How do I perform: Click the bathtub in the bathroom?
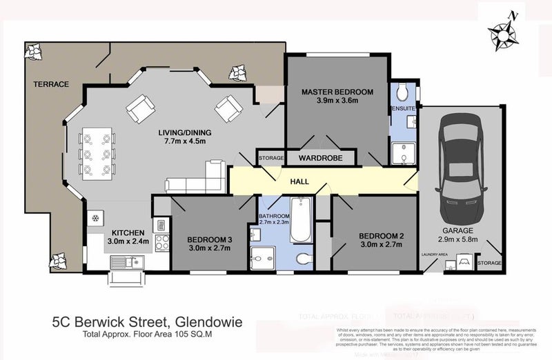click(x=301, y=219)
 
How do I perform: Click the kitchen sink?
click(x=126, y=261)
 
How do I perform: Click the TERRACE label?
click(x=51, y=84)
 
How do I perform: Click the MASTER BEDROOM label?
click(x=337, y=92)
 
